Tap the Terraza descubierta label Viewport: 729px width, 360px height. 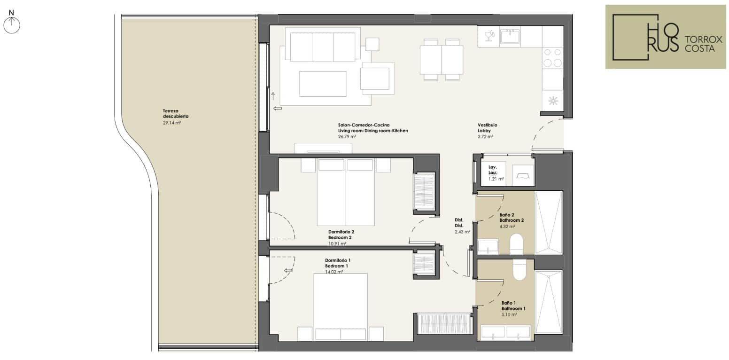point(176,113)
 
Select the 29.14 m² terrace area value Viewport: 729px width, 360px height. point(172,123)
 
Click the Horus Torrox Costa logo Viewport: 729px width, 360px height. point(666,37)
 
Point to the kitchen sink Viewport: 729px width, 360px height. point(510,36)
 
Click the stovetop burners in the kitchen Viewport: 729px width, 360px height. point(552,58)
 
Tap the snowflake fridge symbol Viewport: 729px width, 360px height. point(553,101)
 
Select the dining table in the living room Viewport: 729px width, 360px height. point(442,60)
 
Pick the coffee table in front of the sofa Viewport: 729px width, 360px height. point(323,84)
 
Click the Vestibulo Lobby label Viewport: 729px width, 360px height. point(487,127)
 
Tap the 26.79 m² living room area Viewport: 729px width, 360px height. point(347,137)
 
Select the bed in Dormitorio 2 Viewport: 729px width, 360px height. point(346,192)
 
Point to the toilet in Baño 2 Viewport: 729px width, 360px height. point(516,244)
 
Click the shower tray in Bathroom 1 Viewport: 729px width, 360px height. point(549,302)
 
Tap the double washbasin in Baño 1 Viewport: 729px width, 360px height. point(505,332)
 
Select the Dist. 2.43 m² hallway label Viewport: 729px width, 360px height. point(462,226)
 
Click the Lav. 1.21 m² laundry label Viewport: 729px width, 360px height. point(496,173)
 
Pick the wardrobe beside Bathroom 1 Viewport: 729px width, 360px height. point(444,323)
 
